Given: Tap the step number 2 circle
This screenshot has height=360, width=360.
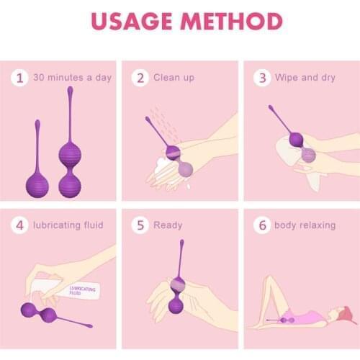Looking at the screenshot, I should pyautogui.click(x=140, y=77).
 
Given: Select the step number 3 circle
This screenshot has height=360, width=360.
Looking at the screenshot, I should pyautogui.click(x=262, y=77).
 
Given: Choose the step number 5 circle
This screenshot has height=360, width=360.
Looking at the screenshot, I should pyautogui.click(x=140, y=225).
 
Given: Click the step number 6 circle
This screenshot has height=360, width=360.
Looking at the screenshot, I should pyautogui.click(x=262, y=225).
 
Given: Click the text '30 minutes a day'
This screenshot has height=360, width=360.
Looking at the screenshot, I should pyautogui.click(x=72, y=77).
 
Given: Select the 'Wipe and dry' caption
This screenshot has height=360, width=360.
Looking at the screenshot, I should pyautogui.click(x=307, y=77).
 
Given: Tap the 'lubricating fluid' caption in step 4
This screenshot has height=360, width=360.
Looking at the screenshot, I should pyautogui.click(x=68, y=225).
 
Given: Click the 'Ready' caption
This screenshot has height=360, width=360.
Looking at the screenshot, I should pyautogui.click(x=168, y=225).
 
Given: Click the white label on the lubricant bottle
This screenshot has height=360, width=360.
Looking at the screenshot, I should pyautogui.click(x=83, y=291).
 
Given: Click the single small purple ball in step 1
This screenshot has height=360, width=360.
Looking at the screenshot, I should pyautogui.click(x=37, y=184).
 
